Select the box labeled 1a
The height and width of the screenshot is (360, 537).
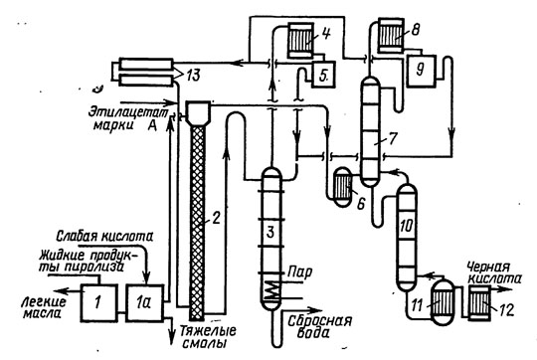[144, 302]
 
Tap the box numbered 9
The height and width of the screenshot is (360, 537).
[421, 71]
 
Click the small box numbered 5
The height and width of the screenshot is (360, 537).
[323, 75]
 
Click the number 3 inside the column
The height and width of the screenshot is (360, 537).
[270, 233]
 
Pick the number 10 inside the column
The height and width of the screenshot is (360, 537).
[407, 226]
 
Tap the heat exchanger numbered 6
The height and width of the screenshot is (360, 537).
[342, 187]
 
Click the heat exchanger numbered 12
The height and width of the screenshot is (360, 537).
[478, 303]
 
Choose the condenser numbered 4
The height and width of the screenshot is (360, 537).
[300, 40]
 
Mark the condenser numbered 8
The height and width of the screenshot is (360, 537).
[391, 36]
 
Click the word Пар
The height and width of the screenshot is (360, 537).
[299, 272]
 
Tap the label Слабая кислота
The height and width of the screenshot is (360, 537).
[104, 237]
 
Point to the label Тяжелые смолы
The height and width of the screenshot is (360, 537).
[208, 337]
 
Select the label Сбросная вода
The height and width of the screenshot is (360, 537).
[319, 326]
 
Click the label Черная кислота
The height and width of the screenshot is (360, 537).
[493, 273]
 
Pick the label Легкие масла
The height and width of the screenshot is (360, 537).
[43, 307]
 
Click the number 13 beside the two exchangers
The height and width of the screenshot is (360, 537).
[193, 75]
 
